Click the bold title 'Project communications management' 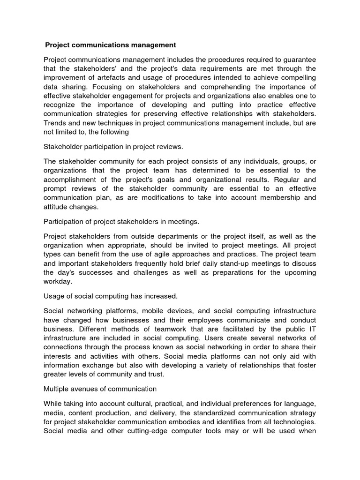[x=111, y=45]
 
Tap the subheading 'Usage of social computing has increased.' [x=111, y=296]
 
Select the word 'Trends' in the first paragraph [x=55, y=123]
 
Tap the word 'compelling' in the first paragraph [x=297, y=77]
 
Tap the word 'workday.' [x=58, y=281]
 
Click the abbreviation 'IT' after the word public [x=312, y=329]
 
